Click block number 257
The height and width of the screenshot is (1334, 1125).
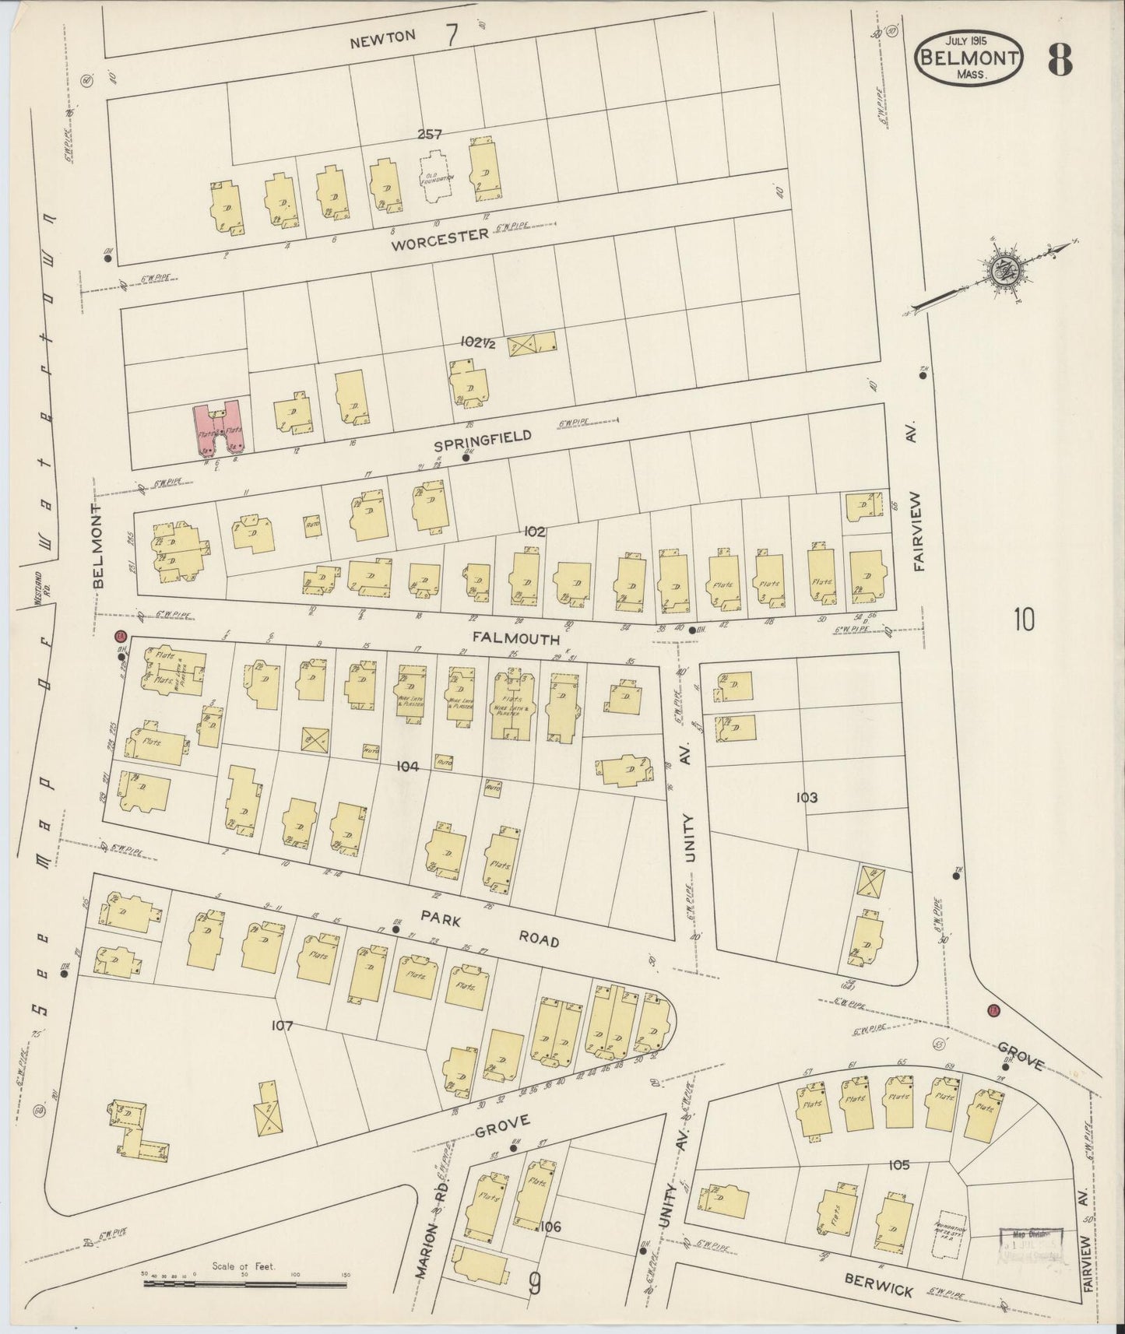pos(429,134)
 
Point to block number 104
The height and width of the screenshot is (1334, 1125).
pos(407,767)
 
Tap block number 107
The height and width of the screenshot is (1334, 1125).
pos(281,1026)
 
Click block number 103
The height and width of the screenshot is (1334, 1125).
pos(807,798)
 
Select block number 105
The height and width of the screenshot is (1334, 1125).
pos(898,1165)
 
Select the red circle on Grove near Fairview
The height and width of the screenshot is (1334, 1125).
pos(993,1011)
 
